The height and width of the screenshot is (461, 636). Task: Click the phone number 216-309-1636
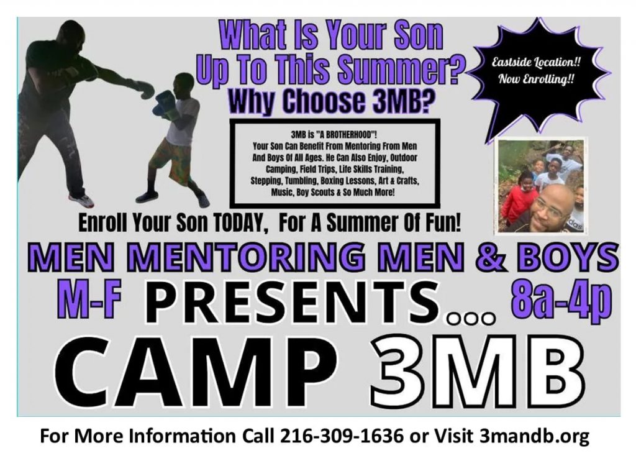(342, 436)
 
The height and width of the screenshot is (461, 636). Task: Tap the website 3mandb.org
(534, 437)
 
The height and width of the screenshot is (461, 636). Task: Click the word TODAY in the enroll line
(240, 223)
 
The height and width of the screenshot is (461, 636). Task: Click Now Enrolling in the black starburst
(536, 79)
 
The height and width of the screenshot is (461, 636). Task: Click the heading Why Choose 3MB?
(329, 101)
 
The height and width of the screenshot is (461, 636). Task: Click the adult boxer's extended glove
(144, 89)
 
